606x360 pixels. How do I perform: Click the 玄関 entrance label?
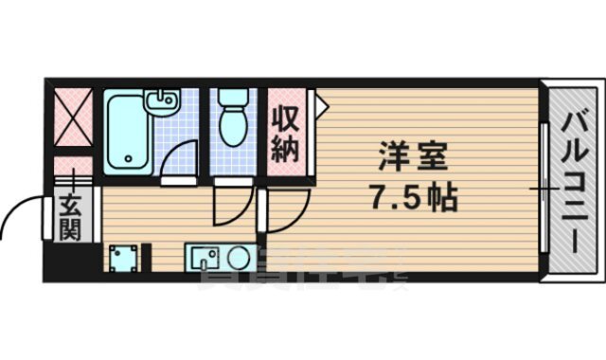69,217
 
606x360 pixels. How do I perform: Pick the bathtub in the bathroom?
125,133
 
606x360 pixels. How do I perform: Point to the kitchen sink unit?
217,256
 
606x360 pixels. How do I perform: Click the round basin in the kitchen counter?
237,256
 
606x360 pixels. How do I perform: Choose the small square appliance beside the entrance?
122,257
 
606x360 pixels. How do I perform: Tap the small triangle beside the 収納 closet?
320,105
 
